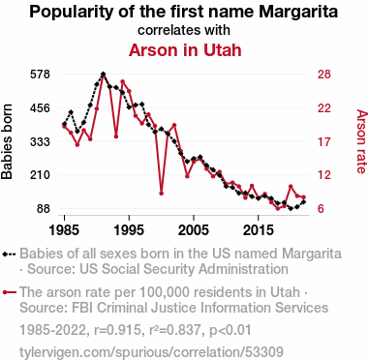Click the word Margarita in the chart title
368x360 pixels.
point(298,12)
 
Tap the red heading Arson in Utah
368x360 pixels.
point(185,50)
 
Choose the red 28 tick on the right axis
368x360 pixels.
point(324,75)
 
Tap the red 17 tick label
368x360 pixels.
point(324,141)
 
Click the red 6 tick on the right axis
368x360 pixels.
point(321,209)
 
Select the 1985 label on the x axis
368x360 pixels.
point(64,230)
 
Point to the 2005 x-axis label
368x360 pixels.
point(194,230)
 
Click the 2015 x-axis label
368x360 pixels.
point(258,230)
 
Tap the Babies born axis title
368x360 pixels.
point(7,141)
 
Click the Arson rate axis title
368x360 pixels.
point(361,141)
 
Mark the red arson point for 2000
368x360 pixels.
point(162,194)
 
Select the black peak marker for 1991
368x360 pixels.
point(103,75)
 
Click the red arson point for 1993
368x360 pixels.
point(116,136)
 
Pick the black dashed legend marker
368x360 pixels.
point(9,254)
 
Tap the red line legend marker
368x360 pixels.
point(9,292)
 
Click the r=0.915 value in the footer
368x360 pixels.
point(118,330)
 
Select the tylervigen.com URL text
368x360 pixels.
point(151,352)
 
